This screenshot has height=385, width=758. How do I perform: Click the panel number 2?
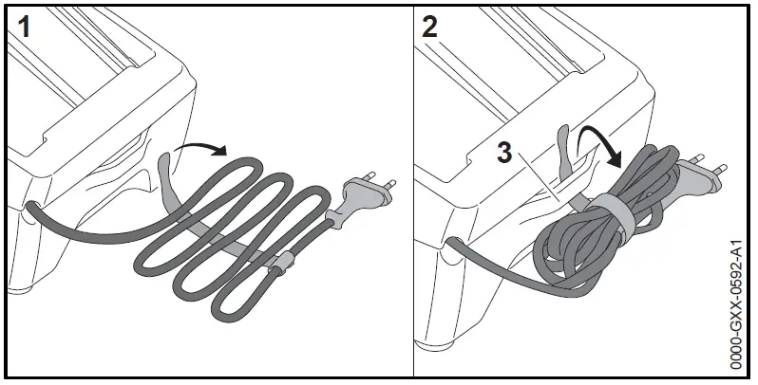click(430, 27)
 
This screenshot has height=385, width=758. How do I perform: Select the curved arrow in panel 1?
click(202, 146)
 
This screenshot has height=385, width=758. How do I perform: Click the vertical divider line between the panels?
click(414, 190)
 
